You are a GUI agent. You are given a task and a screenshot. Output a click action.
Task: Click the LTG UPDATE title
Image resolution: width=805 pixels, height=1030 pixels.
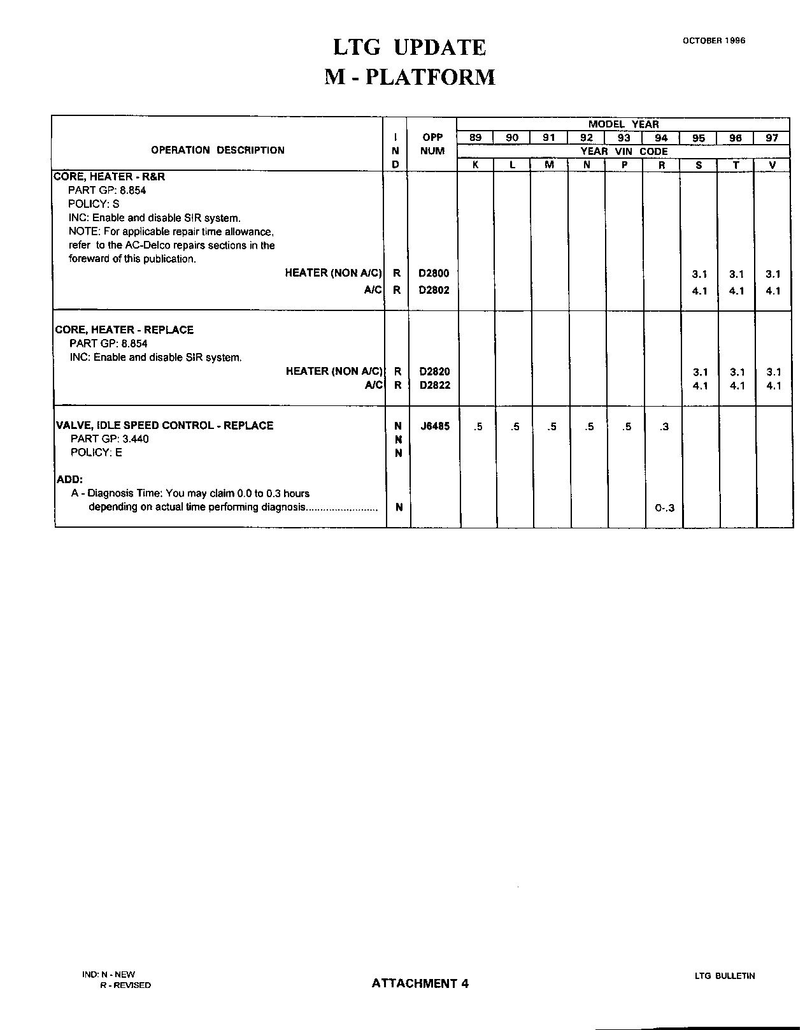410,47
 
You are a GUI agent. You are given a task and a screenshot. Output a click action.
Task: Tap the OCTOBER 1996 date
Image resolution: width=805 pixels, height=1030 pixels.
714,41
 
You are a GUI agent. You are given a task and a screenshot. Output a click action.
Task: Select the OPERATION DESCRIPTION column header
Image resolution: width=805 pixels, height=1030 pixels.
218,150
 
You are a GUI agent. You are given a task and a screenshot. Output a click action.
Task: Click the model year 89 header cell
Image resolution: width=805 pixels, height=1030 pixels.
475,138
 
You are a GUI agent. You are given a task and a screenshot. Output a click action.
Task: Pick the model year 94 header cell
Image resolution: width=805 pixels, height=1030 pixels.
661,138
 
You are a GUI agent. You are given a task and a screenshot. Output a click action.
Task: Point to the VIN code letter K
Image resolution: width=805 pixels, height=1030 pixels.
475,164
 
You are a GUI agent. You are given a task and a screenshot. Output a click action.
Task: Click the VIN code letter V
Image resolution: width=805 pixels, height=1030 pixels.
773,164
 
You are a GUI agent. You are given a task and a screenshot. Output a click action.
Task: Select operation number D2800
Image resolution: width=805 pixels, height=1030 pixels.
433,274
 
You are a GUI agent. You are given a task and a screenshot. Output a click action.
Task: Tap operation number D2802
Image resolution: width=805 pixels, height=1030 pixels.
433,290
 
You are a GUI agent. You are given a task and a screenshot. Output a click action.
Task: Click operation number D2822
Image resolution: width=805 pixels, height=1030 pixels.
434,385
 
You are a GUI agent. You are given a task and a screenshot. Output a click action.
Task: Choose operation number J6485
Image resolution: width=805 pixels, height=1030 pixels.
435,426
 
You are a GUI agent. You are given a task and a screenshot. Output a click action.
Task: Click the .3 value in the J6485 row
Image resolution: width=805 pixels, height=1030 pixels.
664,426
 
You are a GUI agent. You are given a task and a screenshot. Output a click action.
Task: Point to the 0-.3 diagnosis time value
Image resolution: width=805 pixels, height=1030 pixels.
664,508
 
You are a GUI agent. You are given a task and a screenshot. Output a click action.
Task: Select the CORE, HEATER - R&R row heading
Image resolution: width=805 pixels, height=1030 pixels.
110,177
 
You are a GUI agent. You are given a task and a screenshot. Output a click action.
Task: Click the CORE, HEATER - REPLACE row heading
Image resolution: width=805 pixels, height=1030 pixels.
125,330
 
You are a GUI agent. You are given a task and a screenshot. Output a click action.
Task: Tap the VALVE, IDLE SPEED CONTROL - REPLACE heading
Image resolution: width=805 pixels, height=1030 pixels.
165,425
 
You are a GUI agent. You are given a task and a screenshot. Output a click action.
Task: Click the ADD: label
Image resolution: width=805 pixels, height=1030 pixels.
70,479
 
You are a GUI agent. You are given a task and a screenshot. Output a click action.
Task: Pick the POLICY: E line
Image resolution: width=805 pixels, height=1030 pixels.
96,453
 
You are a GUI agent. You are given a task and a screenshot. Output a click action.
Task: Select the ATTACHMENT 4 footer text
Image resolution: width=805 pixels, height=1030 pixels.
420,983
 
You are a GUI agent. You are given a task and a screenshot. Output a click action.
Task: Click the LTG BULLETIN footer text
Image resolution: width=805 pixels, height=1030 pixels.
725,976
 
